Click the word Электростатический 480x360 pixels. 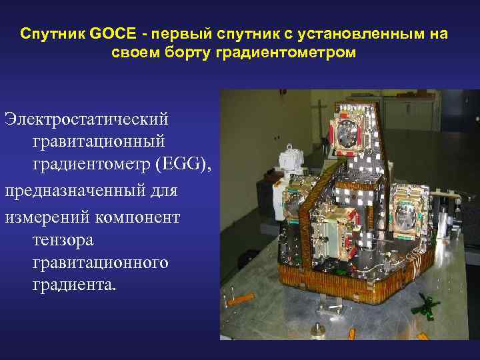pyautogui.click(x=86, y=119)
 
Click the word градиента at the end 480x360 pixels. pyautogui.click(x=73, y=285)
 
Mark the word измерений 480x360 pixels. pyautogui.click(x=46, y=215)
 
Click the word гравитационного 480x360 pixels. pyautogui.click(x=100, y=262)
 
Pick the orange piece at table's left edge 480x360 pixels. pyautogui.click(x=239, y=300)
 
